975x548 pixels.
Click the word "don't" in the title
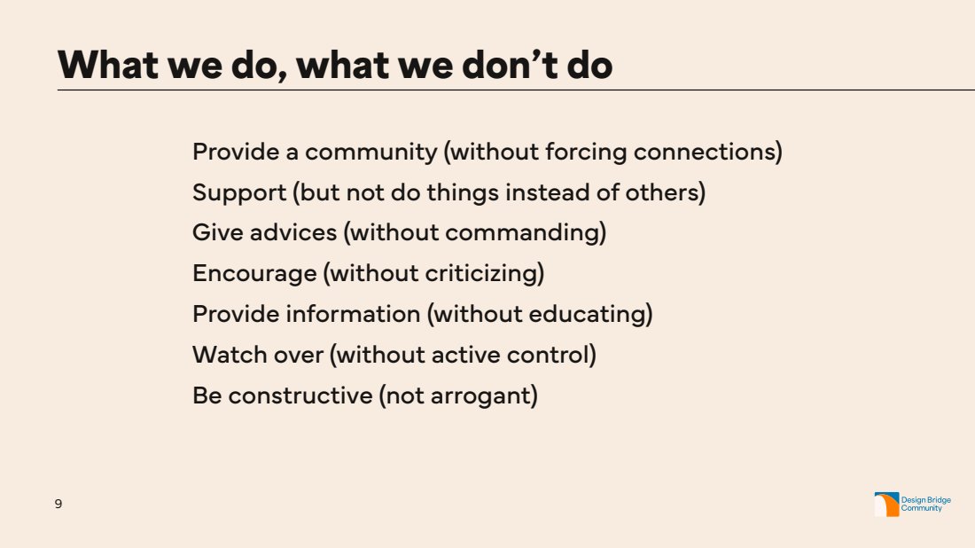tap(510, 65)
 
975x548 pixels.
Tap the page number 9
tap(58, 504)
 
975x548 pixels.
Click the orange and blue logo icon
tap(886, 505)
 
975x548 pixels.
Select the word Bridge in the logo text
tap(939, 500)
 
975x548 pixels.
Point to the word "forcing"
tap(586, 153)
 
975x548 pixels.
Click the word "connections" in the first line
tap(704, 152)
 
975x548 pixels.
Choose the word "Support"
tap(239, 192)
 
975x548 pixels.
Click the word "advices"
tap(293, 232)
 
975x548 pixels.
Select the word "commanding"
tap(522, 233)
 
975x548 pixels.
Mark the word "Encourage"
tap(255, 274)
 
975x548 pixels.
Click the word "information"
tap(353, 314)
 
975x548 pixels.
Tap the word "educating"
tap(587, 314)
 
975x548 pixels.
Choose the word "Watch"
tap(224, 356)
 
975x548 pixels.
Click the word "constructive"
tap(300, 395)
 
